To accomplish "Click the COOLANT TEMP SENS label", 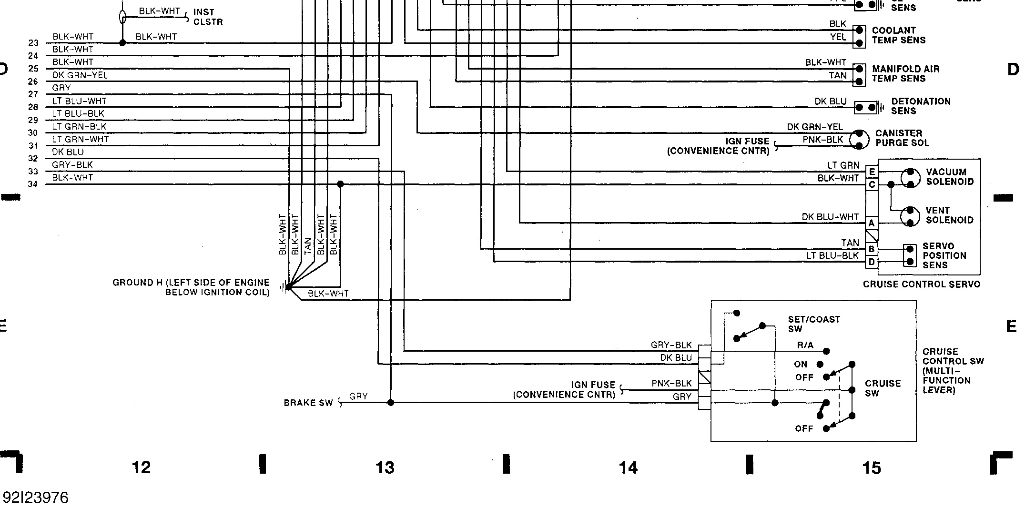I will coord(898,35).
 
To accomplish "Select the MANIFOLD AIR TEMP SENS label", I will coord(905,74).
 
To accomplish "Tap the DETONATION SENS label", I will coord(920,106).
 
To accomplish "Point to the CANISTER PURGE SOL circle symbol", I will coord(859,139).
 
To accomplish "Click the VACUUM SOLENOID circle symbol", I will coord(910,177).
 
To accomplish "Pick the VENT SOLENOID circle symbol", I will coord(910,216).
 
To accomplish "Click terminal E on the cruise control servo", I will coord(872,172).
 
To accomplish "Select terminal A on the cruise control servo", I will coord(872,223).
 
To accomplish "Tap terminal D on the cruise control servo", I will coord(872,262).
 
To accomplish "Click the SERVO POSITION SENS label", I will coord(944,255).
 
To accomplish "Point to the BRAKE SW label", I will coord(308,403).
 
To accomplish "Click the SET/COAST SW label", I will coord(813,324).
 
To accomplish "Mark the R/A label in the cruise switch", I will coord(805,345).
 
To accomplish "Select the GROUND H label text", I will coord(191,287).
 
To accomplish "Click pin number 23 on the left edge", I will coord(33,43).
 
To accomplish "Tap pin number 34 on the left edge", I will coord(33,184).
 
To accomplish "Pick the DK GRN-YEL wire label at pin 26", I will coord(80,75).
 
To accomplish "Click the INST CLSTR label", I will coord(208,17).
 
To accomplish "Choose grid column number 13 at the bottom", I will coord(385,468).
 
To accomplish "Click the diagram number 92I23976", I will coord(36,498).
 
